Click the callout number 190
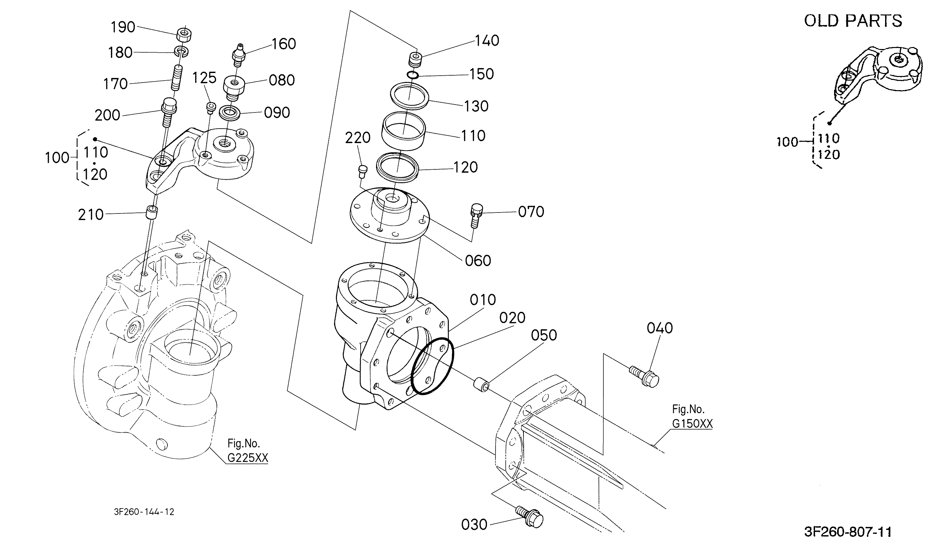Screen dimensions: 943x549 click(123, 27)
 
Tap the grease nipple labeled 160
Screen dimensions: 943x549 click(238, 55)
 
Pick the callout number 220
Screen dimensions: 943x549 click(358, 138)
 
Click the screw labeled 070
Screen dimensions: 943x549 click(476, 215)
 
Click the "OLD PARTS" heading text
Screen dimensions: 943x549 click(853, 21)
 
